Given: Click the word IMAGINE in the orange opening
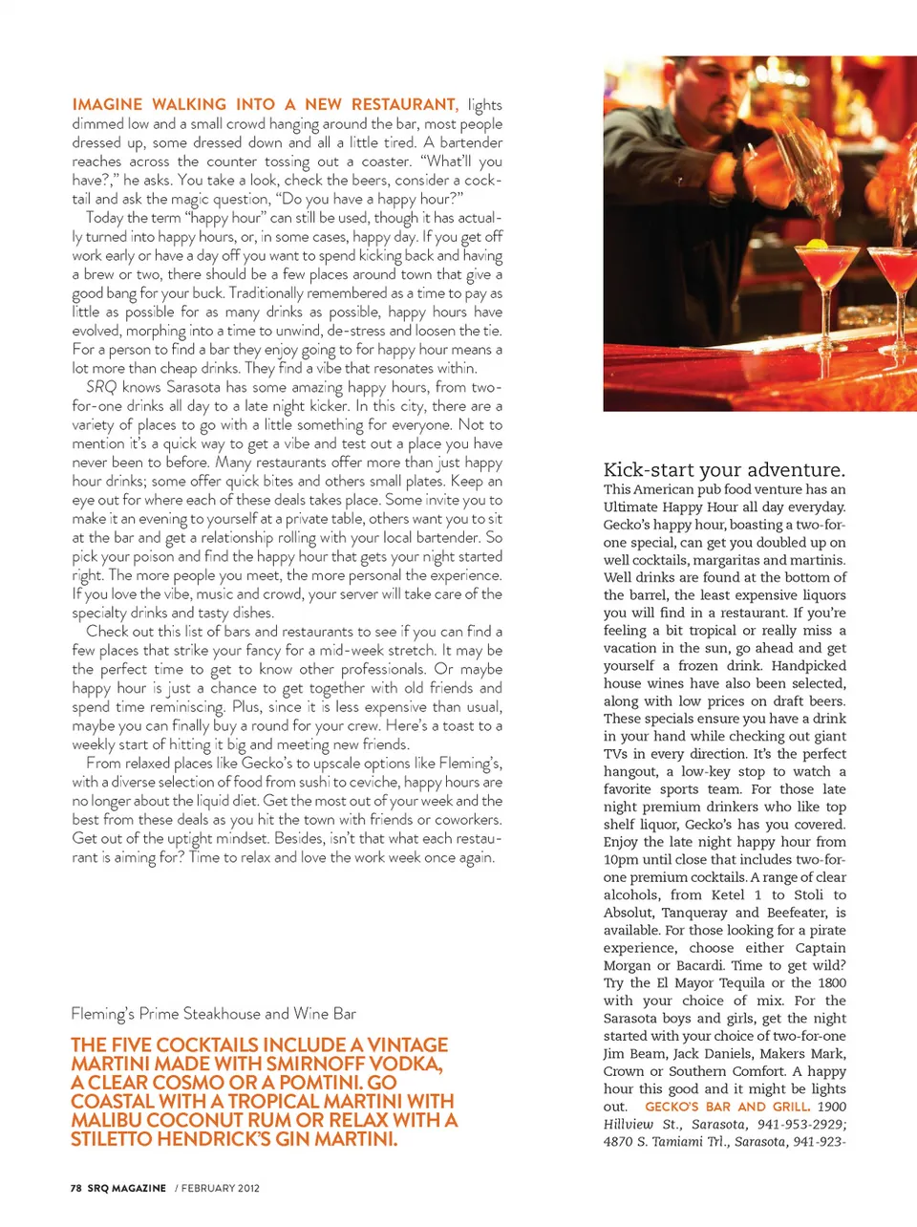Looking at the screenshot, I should (107, 104).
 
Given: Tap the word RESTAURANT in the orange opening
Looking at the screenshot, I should (404, 104).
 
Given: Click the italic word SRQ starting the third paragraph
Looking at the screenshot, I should (101, 387).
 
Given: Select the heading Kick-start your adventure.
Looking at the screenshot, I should (724, 469).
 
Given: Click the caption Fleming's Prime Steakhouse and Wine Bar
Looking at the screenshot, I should (213, 1013).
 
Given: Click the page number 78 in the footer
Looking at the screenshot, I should (75, 1188).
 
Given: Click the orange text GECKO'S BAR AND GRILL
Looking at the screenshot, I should (727, 1107).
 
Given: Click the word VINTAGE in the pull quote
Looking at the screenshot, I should (408, 1045).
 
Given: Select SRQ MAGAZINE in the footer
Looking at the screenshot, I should (126, 1188).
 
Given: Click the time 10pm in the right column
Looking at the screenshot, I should (621, 859).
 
